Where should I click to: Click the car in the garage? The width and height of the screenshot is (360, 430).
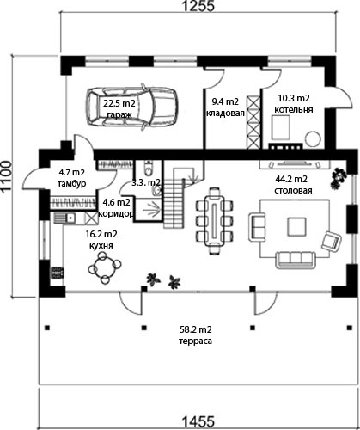pos(133,107)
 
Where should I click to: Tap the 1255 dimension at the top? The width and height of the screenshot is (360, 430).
pos(198,6)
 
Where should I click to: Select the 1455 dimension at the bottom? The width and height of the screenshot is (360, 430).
pos(198,422)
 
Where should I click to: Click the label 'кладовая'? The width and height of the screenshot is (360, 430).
pos(226,113)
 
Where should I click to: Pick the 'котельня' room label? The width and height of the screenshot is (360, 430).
pos(294,109)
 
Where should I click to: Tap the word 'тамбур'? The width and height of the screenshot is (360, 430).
pos(71,183)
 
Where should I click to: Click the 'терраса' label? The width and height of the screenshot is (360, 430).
pos(196,341)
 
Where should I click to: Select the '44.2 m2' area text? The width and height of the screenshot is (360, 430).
pos(291,179)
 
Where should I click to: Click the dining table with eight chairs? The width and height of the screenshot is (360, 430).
pos(215,220)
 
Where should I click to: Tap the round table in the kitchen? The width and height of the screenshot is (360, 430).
pos(105,267)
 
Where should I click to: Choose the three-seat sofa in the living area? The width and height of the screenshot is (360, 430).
pos(296,259)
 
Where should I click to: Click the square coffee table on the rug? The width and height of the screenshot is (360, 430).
pos(296,226)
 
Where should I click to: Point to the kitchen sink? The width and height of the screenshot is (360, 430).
pos(70,218)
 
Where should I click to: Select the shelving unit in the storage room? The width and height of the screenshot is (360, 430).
pos(254,122)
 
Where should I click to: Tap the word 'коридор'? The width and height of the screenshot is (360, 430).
pos(116,214)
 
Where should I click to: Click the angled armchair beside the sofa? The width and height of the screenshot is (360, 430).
pos(332,241)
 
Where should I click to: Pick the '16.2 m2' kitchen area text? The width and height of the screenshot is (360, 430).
pos(101,234)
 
